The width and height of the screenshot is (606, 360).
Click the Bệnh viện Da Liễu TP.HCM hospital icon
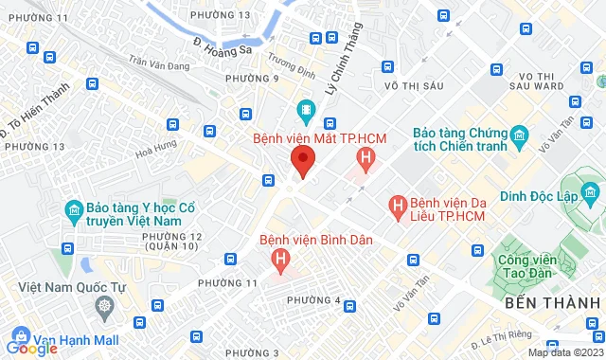(x=399, y=205)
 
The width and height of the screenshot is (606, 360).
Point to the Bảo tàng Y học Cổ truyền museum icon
(x=73, y=209)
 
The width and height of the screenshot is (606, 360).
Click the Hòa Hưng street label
(x=157, y=149)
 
